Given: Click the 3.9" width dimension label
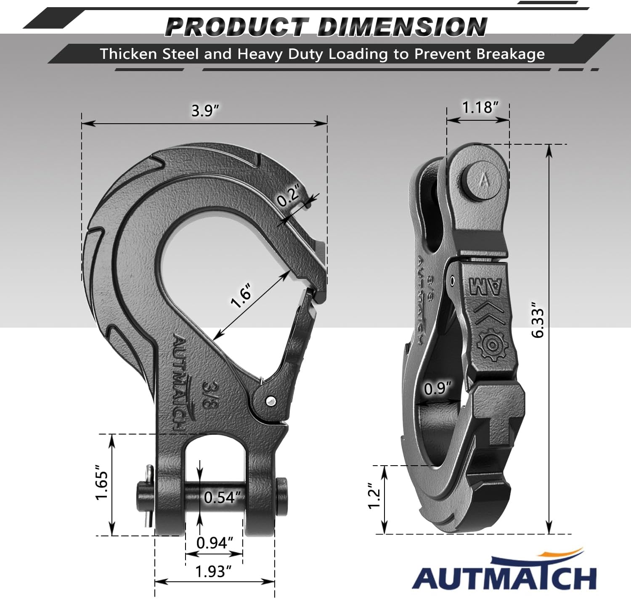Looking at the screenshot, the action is click(205, 111).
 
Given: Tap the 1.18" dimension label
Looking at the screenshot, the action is click(480, 107).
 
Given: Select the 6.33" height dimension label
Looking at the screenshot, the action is click(538, 320).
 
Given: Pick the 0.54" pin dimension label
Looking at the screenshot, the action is click(222, 497).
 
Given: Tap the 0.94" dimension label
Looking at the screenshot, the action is click(215, 543).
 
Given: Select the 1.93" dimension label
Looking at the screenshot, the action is click(213, 571).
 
